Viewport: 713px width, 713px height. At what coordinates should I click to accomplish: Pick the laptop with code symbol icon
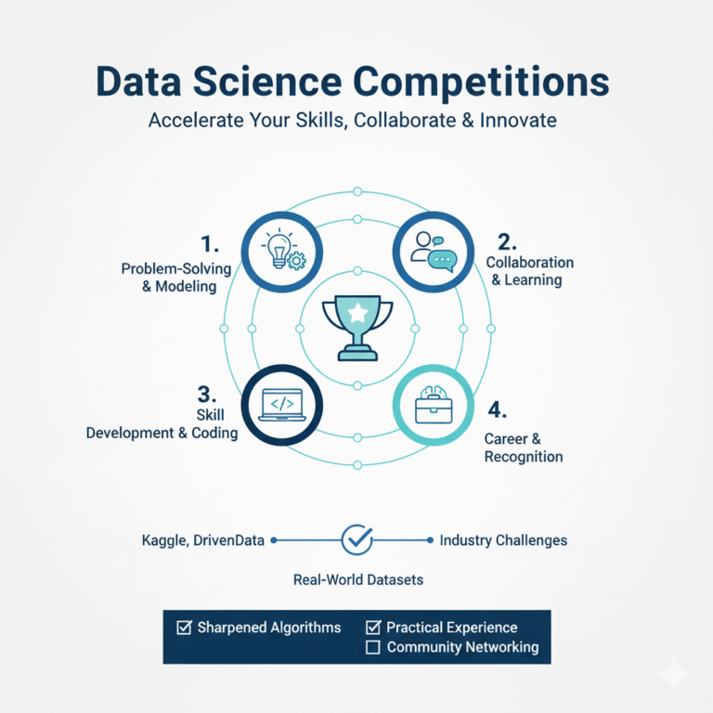pos(282,406)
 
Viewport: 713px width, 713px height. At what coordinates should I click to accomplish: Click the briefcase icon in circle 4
pos(433,406)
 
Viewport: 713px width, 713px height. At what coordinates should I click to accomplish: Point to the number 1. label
pos(210,245)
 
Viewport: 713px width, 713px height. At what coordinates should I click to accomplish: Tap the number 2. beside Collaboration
pos(507,242)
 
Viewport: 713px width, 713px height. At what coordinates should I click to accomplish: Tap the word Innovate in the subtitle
pos(522,121)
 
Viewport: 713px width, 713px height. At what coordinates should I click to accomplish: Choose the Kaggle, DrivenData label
pos(201,539)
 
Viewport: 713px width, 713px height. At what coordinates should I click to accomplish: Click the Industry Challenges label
pos(503,539)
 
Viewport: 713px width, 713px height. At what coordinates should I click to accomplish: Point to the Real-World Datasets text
pos(357,579)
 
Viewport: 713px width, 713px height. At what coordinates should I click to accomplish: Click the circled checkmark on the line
pos(357,538)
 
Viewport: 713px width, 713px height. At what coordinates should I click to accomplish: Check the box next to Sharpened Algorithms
pos(184,628)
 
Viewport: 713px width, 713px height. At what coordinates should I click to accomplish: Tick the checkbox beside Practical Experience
pos(373,628)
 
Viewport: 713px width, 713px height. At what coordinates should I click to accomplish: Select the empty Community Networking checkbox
pos(373,647)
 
